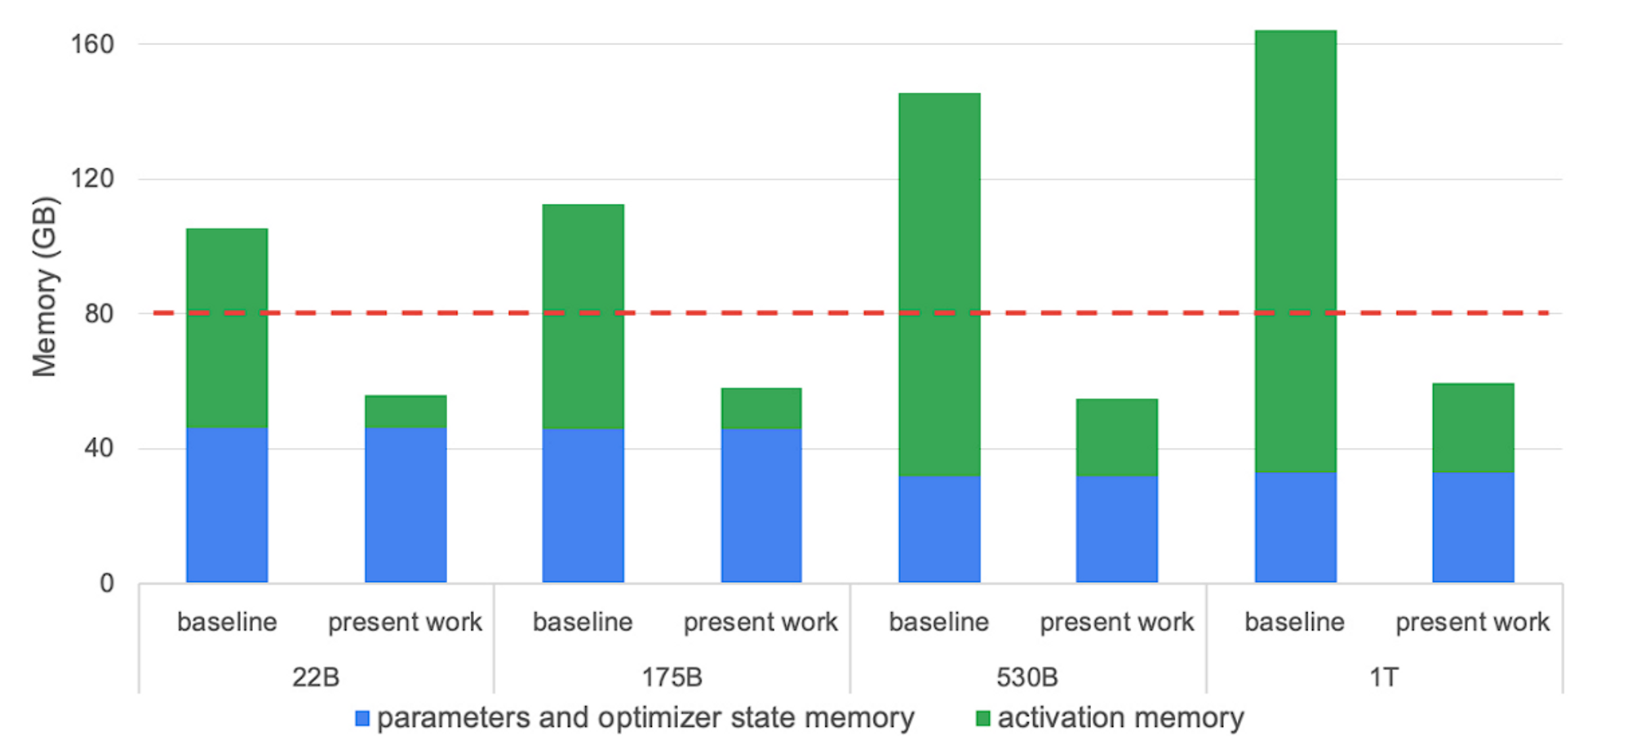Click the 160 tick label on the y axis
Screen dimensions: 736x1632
92,44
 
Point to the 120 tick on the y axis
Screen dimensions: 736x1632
92,179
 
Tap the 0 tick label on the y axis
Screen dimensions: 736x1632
107,583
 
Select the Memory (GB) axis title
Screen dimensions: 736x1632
45,287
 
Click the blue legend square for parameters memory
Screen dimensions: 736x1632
362,719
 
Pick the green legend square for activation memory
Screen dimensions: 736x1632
983,719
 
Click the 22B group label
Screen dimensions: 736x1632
316,677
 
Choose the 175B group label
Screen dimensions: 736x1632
672,677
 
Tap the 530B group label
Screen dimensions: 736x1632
1027,677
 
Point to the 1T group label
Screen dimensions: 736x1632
1384,677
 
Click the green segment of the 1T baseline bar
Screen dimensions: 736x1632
1295,251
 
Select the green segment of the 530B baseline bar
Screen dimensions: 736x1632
939,284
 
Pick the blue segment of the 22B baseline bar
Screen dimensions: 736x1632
227,505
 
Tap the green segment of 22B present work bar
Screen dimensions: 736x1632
406,412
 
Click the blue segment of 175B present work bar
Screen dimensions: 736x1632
761,505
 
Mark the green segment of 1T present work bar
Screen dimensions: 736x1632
1473,428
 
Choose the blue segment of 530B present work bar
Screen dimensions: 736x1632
1116,529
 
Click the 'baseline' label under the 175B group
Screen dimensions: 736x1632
583,623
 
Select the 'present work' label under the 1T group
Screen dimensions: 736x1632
1472,623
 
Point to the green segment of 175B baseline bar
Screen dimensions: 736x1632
583,317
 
